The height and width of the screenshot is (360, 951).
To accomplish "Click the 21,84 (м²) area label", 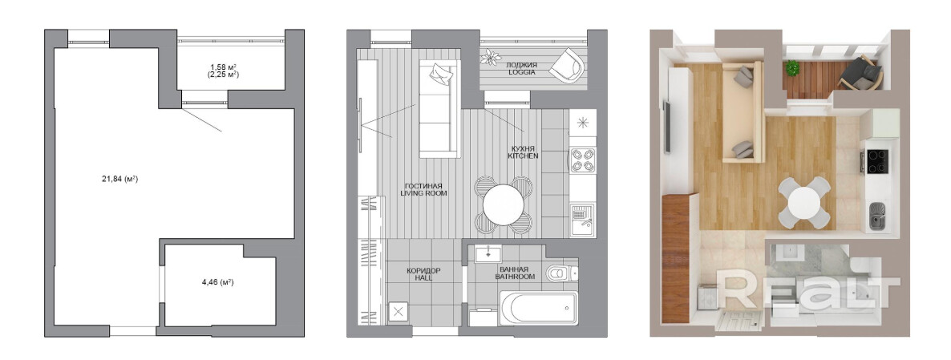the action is (120, 179).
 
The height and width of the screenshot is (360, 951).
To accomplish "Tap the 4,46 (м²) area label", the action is (218, 281).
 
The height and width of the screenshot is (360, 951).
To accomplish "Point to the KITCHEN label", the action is (523, 156).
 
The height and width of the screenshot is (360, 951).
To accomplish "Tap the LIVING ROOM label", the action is (424, 193).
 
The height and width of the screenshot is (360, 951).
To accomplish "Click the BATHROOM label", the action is (515, 277).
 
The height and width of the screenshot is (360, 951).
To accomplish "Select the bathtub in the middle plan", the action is (539, 308).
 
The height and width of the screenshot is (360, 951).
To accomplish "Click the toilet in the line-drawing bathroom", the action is (560, 273).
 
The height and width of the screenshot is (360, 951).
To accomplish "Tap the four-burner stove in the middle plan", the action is (583, 160).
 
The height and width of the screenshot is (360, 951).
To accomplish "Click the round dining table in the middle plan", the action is (504, 204).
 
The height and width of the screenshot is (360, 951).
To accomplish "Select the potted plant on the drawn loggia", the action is (489, 58).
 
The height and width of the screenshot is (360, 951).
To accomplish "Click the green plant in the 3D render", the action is (791, 67).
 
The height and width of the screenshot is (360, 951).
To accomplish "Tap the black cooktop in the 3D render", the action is (877, 161).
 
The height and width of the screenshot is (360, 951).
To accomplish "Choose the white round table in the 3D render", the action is (803, 202).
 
